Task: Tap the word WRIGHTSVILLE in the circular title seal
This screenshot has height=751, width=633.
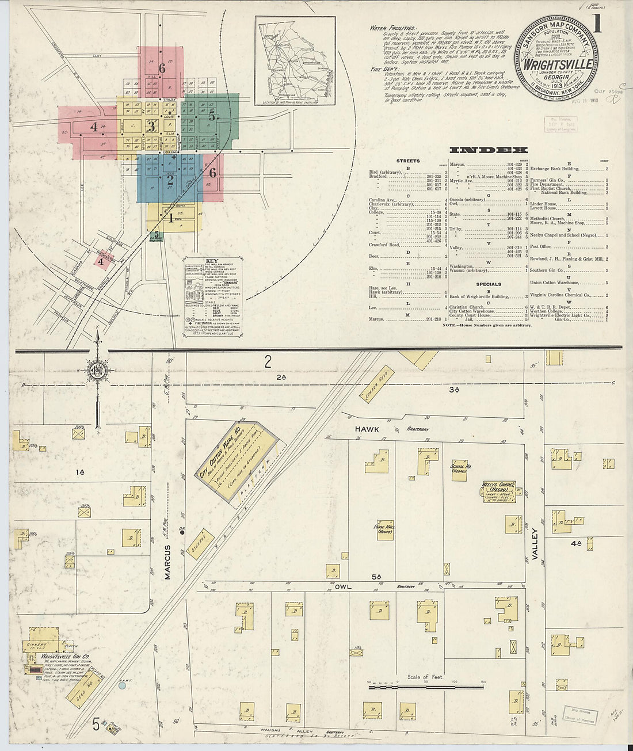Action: click(557, 64)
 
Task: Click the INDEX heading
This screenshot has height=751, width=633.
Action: click(487, 150)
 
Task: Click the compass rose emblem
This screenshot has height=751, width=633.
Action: click(96, 370)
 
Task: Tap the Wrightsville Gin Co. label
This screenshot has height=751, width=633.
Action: click(57, 656)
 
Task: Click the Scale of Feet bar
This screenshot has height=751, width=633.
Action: click(425, 685)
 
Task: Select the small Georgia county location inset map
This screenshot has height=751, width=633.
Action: click(296, 62)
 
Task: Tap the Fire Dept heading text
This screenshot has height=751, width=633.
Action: click(384, 68)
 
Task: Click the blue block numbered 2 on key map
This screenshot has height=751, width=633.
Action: click(170, 179)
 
